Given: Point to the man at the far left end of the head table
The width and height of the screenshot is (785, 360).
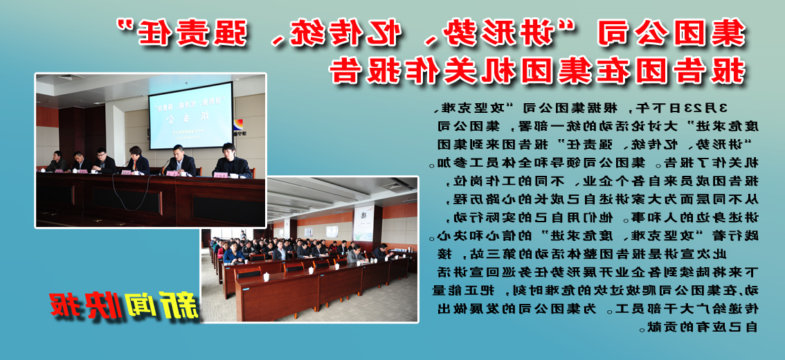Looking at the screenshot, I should [x=57, y=163].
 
